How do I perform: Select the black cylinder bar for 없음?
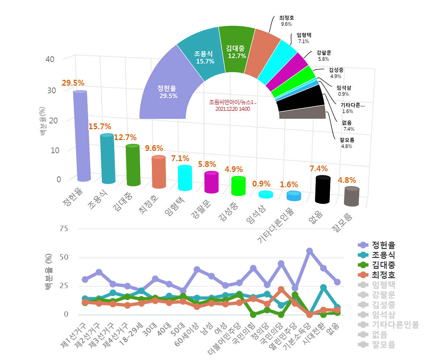(x=323, y=190)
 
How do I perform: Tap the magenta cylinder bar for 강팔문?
(x=212, y=183)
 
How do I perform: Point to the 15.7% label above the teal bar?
(x=100, y=127)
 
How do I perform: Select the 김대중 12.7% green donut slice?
(x=236, y=52)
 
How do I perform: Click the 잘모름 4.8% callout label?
(x=347, y=143)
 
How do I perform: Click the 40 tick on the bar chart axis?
(x=50, y=59)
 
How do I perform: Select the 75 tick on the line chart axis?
(x=64, y=229)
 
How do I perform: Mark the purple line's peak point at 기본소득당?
(x=309, y=251)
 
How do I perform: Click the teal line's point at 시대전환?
(x=323, y=288)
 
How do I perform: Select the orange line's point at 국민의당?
(x=281, y=290)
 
